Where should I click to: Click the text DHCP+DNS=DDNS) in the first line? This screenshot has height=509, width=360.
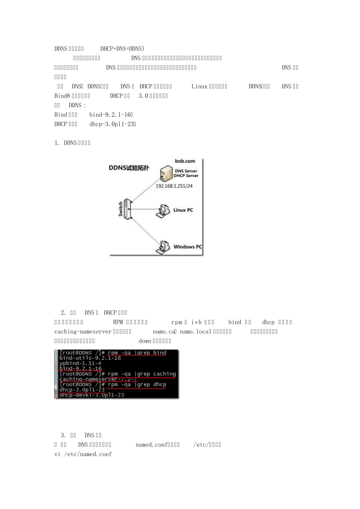tap(122, 48)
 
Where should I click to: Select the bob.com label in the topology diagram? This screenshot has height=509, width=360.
tap(185, 161)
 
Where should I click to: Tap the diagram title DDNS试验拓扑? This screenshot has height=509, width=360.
tap(128, 168)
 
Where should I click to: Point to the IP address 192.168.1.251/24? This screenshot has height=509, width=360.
tap(174, 186)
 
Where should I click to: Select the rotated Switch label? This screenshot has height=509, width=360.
tap(121, 209)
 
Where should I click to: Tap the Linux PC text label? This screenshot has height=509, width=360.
tap(183, 210)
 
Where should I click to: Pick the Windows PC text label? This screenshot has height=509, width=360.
tap(188, 247)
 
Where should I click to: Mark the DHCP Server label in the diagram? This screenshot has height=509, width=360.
tap(186, 176)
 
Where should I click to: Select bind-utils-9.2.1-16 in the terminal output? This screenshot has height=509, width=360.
tap(90, 358)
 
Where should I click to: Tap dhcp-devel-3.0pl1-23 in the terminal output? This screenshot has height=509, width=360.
tap(92, 395)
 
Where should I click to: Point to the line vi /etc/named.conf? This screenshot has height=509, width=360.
tap(83, 454)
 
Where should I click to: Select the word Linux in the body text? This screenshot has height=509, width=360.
tap(199, 86)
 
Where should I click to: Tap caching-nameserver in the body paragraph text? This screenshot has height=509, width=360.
tap(83, 332)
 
